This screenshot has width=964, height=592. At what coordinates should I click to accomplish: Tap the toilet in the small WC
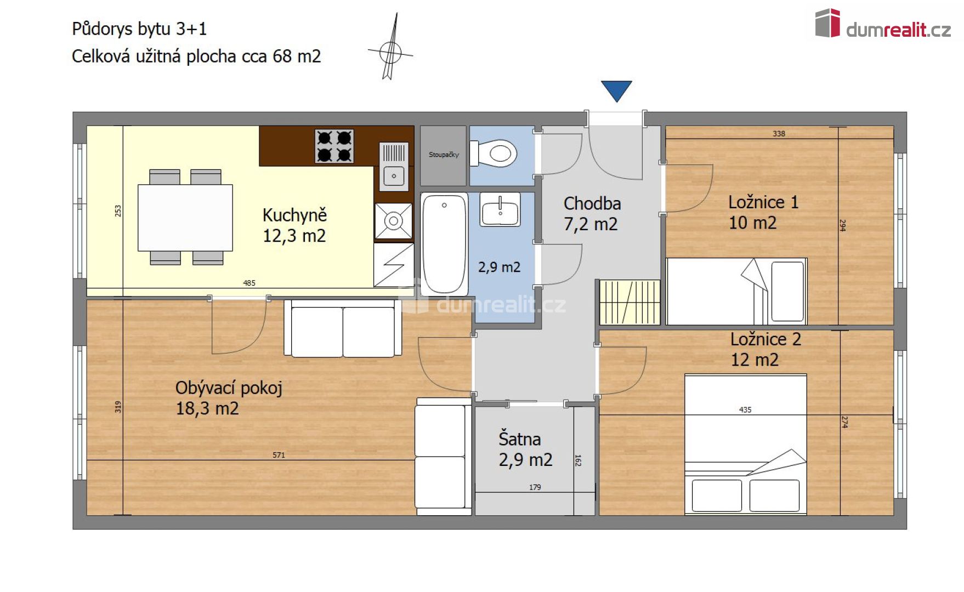497,153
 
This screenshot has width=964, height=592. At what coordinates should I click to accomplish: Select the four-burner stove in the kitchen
334,146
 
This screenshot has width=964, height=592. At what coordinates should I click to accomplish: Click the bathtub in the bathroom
444,244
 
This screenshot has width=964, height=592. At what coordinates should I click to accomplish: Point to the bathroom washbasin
500,209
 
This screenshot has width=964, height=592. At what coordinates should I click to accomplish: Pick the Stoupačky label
444,155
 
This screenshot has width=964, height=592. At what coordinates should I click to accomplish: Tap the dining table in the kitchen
185,218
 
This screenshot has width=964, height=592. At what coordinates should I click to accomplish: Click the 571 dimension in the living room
279,455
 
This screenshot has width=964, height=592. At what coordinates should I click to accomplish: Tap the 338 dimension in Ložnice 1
779,134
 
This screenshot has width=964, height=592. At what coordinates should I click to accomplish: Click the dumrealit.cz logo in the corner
883,25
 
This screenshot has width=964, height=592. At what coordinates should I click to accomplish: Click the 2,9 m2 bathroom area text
499,267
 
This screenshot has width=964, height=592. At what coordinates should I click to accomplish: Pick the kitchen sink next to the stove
394,164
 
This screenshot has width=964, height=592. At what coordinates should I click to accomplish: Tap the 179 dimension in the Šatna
535,487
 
